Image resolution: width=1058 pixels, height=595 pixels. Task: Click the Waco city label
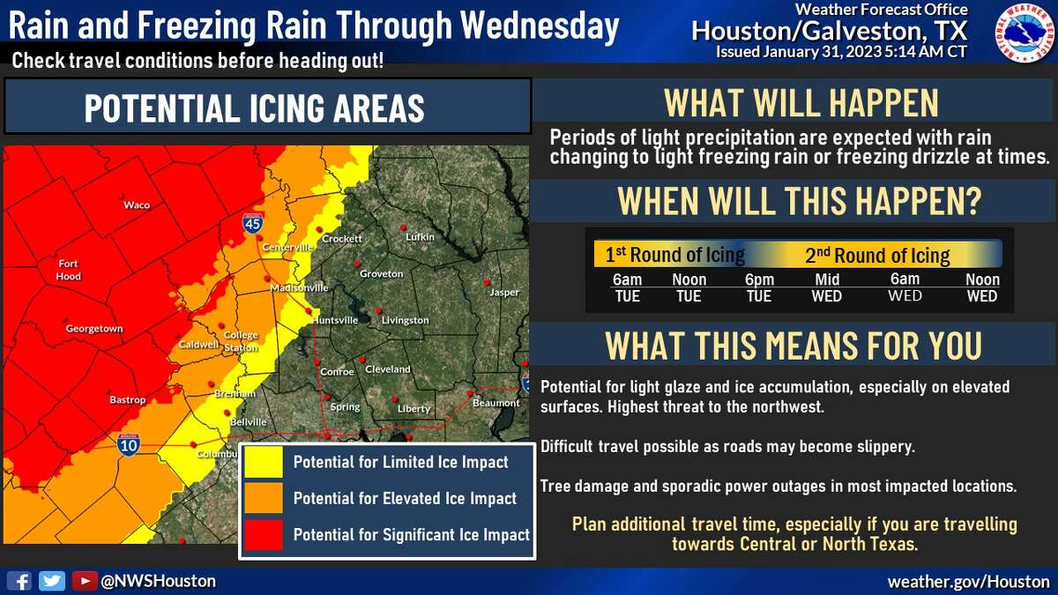(x=137, y=205)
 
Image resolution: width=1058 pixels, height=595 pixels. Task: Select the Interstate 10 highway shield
(x=127, y=443)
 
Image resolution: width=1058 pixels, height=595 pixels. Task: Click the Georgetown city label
(x=94, y=329)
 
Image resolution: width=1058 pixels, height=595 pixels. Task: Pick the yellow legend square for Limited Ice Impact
(x=265, y=462)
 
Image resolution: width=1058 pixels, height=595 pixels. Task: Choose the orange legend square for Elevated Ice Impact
(x=265, y=498)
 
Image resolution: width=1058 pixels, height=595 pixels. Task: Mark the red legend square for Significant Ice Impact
(x=265, y=534)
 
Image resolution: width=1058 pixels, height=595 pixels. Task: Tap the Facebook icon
(x=19, y=581)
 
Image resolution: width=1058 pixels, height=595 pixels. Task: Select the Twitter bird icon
(x=52, y=581)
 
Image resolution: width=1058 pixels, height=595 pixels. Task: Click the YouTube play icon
(x=84, y=581)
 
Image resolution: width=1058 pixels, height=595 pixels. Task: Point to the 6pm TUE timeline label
(x=758, y=288)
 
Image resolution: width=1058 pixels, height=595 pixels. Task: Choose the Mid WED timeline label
(x=827, y=288)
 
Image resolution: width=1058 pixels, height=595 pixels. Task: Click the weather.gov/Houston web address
(x=968, y=582)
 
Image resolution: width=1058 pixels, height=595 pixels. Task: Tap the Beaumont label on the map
(x=496, y=403)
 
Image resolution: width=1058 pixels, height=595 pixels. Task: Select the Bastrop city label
(x=127, y=399)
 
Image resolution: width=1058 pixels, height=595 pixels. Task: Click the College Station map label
(x=241, y=341)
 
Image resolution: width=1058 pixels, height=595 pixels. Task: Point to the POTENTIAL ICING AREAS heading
(x=255, y=108)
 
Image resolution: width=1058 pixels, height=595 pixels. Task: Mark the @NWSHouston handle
(x=158, y=581)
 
